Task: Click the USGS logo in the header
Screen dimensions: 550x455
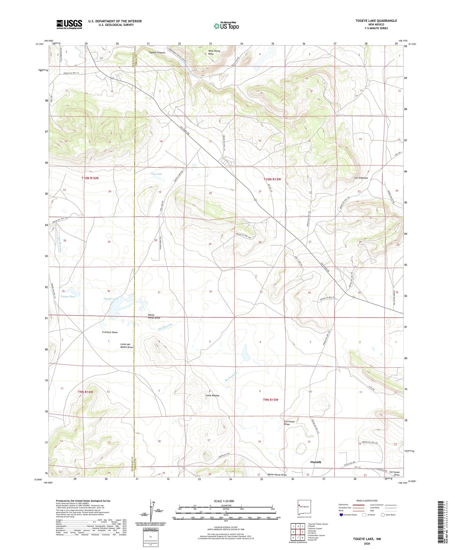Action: (x=69, y=24)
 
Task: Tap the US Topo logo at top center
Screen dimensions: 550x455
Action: (x=226, y=26)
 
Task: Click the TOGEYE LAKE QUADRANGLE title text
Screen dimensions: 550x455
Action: (x=376, y=21)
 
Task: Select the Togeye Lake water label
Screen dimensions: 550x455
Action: (x=111, y=299)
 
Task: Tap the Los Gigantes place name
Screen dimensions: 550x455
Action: (x=361, y=178)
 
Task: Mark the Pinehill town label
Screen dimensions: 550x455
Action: (x=315, y=462)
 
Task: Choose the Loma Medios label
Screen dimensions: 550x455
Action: (x=212, y=396)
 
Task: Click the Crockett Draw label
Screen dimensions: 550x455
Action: (x=110, y=332)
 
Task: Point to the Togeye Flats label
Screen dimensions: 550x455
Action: (x=68, y=296)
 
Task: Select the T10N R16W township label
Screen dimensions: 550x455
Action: (x=90, y=178)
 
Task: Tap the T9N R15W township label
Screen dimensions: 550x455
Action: (x=270, y=400)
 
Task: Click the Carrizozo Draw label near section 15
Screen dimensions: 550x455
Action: (x=289, y=423)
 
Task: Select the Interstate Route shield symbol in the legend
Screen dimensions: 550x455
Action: (x=341, y=515)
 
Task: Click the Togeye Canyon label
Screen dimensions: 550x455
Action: (x=157, y=52)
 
